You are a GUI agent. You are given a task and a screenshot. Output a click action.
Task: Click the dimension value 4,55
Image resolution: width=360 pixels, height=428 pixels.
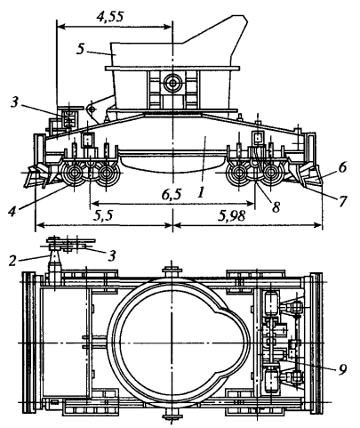tap(109, 17)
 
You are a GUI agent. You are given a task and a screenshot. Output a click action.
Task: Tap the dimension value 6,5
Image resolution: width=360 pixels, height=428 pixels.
tap(172, 195)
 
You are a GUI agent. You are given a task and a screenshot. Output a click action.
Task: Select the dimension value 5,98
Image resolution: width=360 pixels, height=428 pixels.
tap(232, 216)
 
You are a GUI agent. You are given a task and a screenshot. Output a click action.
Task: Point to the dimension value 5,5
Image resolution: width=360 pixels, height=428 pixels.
tap(103, 216)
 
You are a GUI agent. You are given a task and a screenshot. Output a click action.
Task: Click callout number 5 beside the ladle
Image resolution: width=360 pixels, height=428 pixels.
tap(80, 50)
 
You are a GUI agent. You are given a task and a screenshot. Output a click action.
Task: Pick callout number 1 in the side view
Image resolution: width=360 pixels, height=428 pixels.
tap(201, 193)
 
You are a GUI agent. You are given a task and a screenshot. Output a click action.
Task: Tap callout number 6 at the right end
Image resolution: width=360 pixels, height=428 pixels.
tap(343, 168)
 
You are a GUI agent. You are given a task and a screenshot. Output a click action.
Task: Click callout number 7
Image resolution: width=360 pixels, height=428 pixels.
tap(342, 202)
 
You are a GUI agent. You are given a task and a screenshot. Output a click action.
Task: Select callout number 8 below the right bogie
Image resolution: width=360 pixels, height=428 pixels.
tap(276, 207)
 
